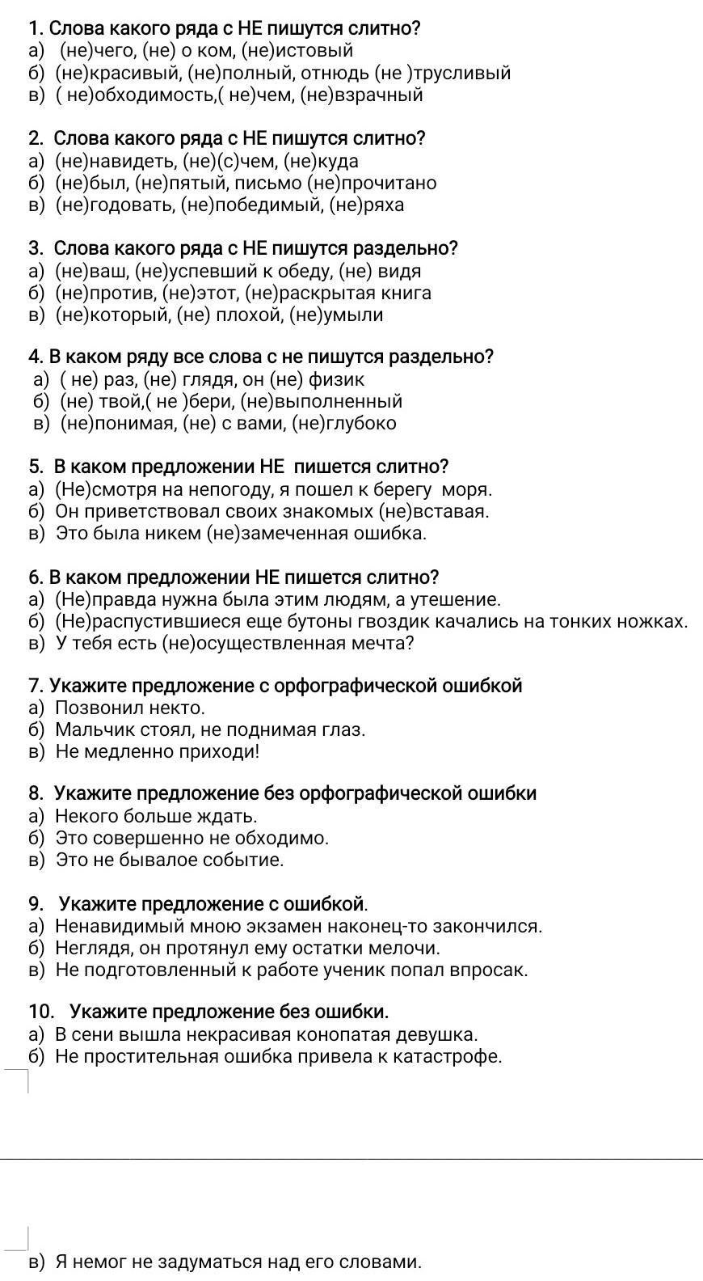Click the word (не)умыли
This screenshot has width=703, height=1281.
[x=338, y=315]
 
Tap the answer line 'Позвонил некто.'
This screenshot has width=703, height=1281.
[x=129, y=708]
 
